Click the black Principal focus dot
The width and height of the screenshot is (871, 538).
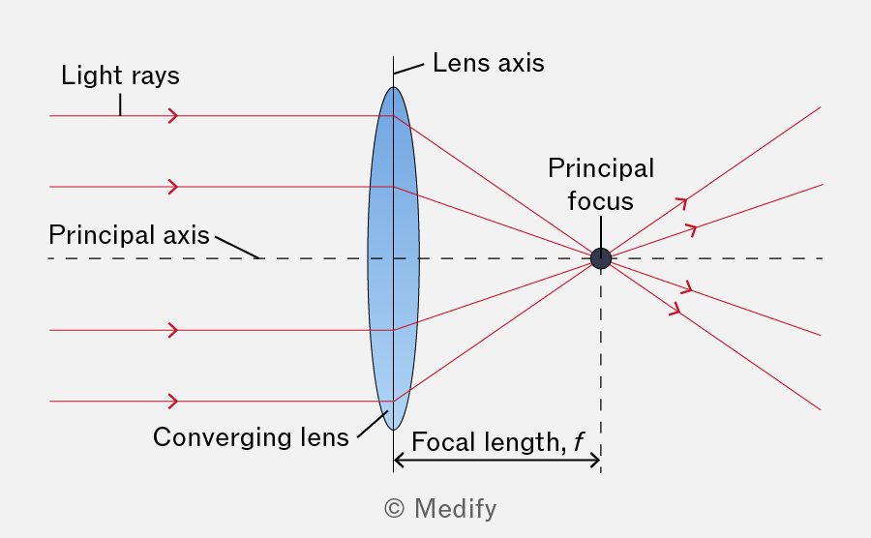tap(600, 258)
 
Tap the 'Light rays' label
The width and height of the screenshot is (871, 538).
tap(120, 75)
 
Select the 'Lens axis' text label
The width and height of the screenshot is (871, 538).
tap(489, 63)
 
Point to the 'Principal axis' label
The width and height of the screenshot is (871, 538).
tap(129, 235)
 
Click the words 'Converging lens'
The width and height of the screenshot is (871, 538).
tap(251, 437)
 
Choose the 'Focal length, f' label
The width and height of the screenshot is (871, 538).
tap(497, 442)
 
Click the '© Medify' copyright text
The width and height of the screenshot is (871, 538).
tap(440, 509)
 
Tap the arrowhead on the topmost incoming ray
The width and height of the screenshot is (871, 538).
tap(173, 116)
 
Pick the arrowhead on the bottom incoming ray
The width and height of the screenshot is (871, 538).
tap(173, 402)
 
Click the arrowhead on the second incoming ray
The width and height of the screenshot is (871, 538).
tap(173, 187)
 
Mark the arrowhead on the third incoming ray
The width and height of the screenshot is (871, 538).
tap(173, 330)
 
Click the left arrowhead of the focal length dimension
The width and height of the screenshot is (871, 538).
tap(399, 461)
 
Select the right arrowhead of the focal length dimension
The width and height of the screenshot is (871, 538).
tap(595, 461)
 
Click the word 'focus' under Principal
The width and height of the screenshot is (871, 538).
tap(600, 201)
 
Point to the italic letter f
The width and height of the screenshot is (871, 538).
tap(579, 442)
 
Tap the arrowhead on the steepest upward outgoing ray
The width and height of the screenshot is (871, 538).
tap(682, 202)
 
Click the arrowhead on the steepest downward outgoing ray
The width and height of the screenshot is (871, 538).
tap(676, 309)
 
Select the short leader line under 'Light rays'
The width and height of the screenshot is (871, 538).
tap(120, 105)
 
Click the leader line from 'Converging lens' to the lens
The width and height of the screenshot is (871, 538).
tap(373, 424)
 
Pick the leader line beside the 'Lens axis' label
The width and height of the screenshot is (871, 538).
tap(408, 69)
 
